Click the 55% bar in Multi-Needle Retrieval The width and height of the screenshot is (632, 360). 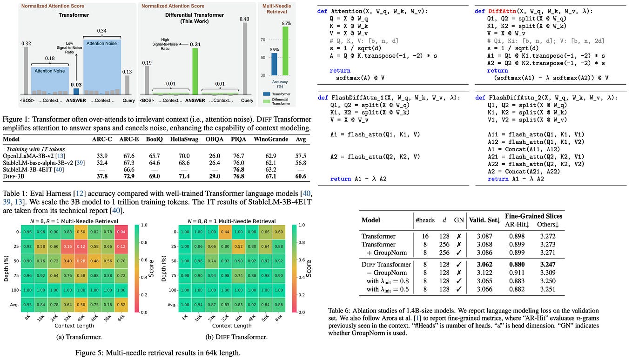coord(274,64)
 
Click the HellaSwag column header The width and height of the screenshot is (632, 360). coord(182,139)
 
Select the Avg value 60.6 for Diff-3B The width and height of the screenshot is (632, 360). coord(300,176)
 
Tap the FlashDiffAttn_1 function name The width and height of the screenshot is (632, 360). coord(356,98)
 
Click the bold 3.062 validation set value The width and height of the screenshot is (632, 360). coord(480,264)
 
